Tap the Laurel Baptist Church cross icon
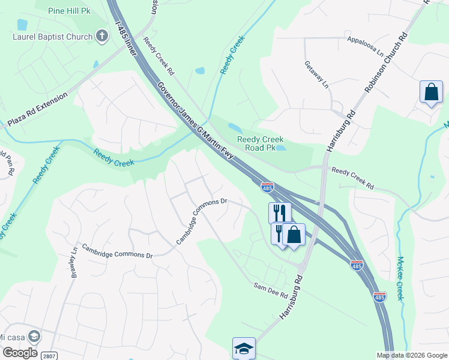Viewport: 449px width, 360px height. point(102,37)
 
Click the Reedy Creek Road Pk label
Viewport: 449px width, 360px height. point(261,143)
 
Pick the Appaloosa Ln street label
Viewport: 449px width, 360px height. point(366,46)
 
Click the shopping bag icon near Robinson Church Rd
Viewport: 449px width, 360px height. point(431,92)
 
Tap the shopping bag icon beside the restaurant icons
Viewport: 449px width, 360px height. point(294,235)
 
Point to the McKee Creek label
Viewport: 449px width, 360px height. point(400,279)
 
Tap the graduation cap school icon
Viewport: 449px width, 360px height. point(244,348)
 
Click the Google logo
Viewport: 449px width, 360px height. point(20,352)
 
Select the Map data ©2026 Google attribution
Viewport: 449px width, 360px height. point(411,355)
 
